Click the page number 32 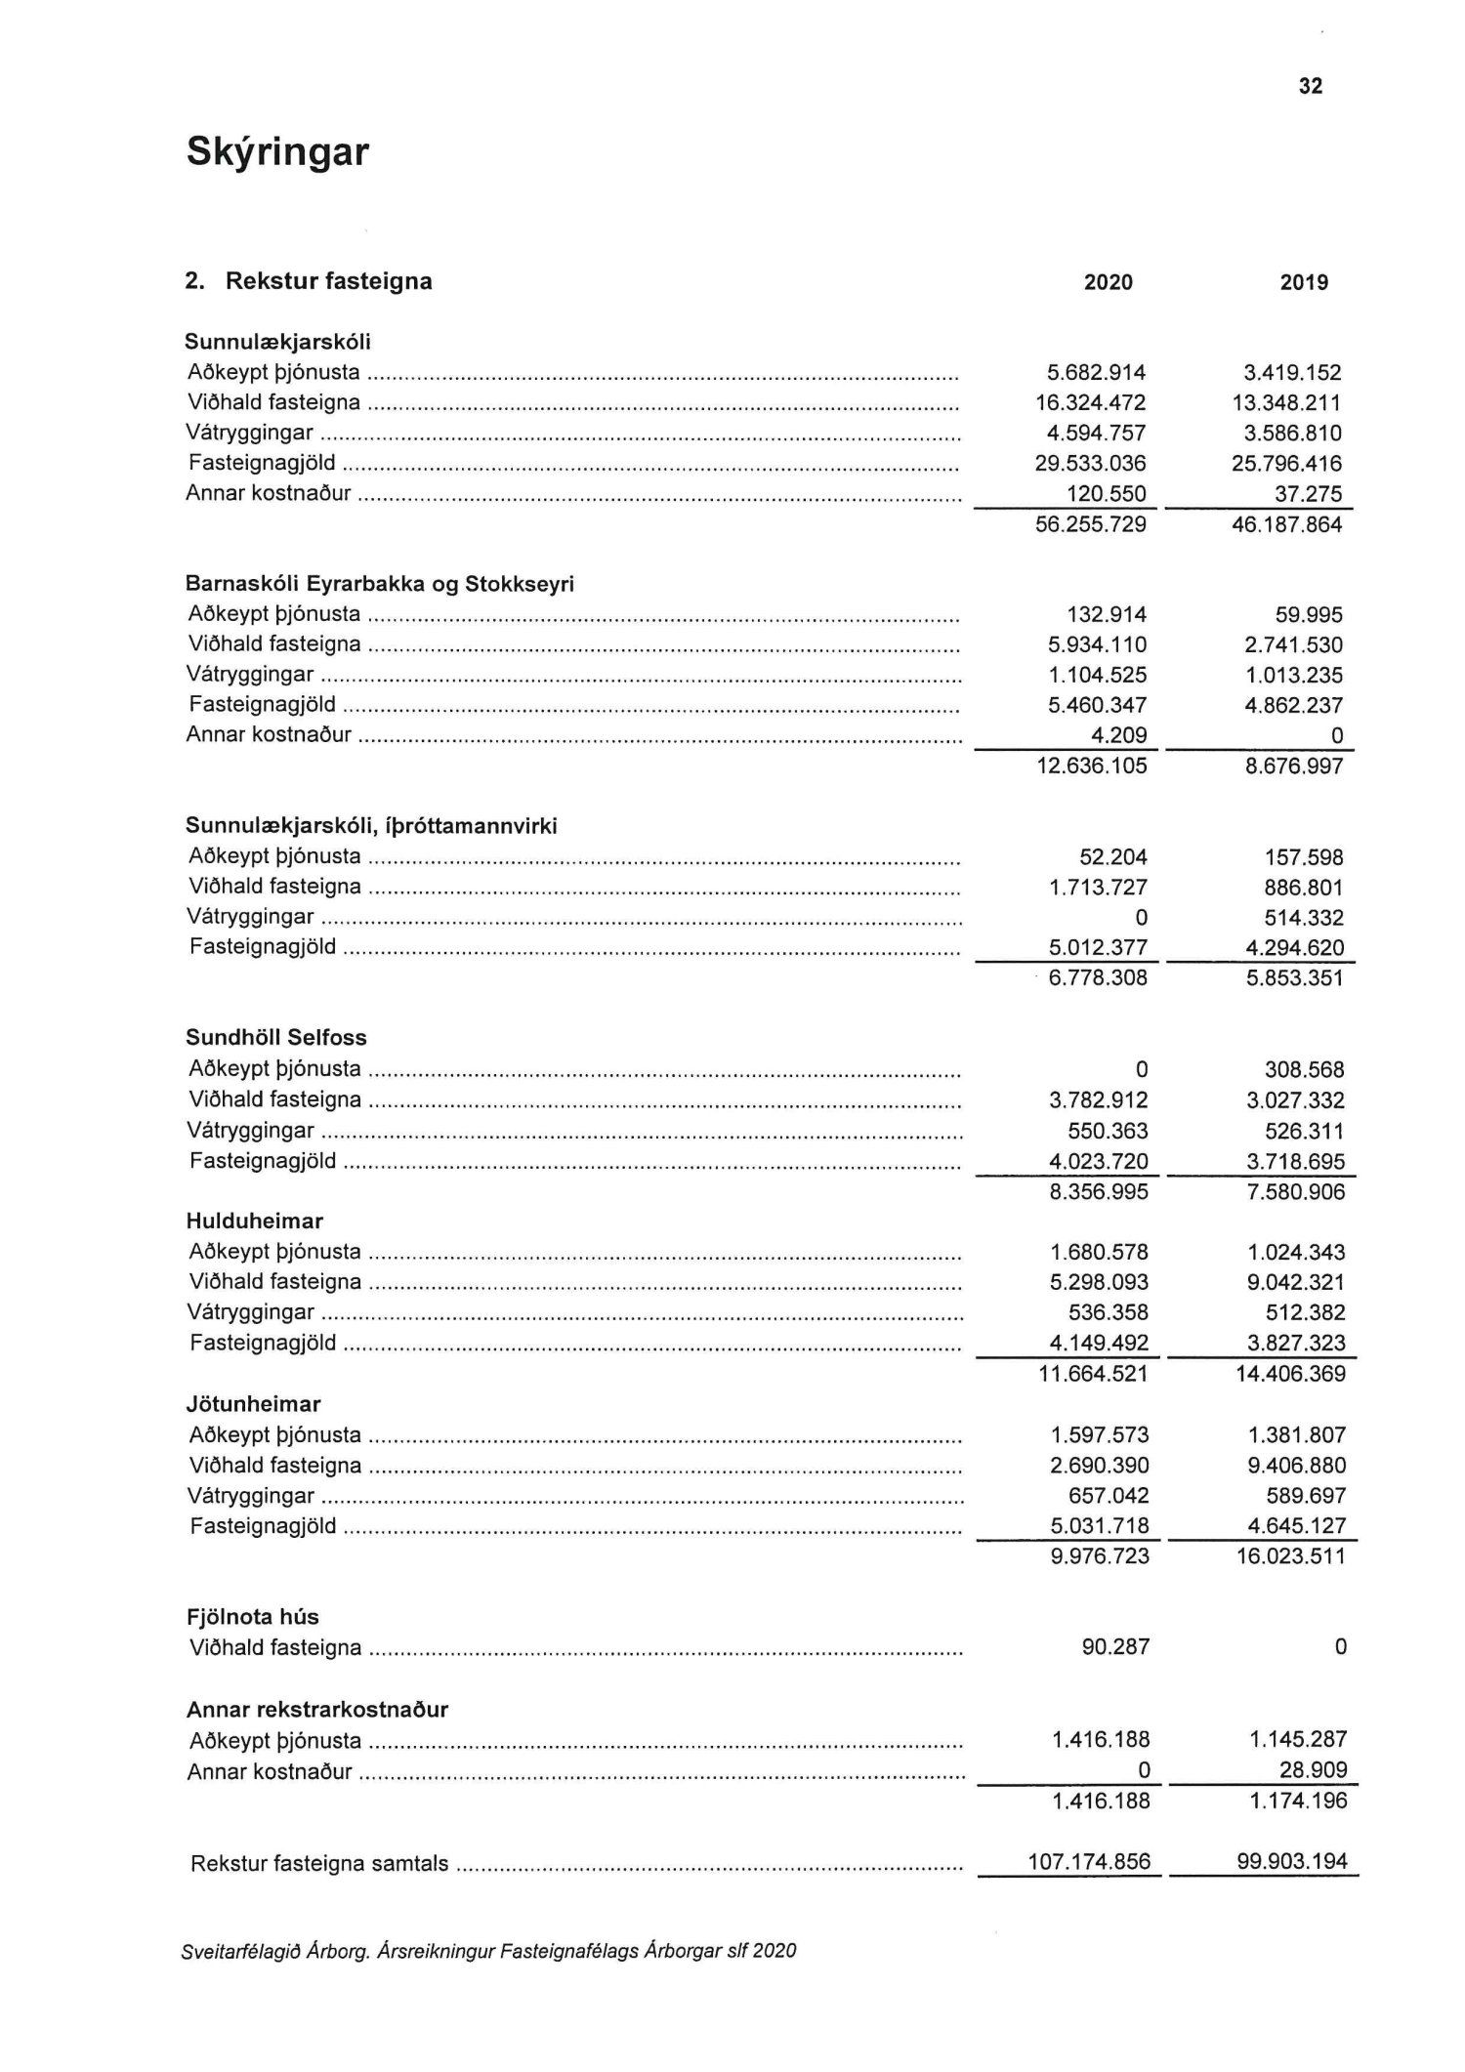[1311, 86]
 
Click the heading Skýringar [277, 153]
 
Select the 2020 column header [1109, 283]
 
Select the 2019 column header [1304, 283]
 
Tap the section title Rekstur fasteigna [328, 282]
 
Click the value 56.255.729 [1091, 525]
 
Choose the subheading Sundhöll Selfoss [276, 1038]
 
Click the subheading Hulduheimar [255, 1222]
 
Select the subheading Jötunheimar [254, 1405]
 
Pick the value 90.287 [1116, 1647]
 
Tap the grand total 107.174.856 [1089, 1862]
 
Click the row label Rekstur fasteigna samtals [319, 1864]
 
